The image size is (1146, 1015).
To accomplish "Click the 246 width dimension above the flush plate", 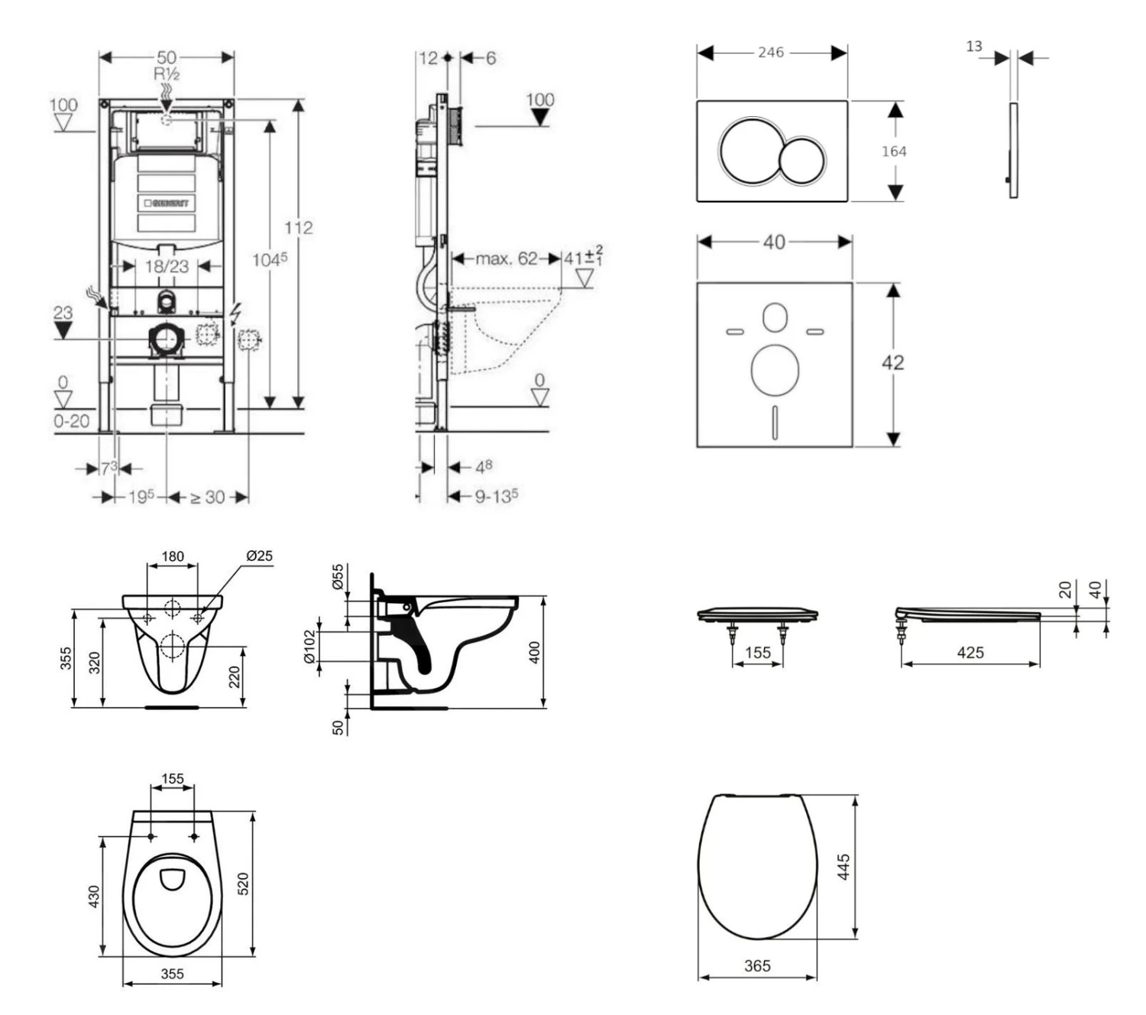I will coord(771,52).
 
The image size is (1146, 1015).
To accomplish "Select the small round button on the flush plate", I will coord(802,161).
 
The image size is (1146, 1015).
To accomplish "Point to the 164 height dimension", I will coord(894,151).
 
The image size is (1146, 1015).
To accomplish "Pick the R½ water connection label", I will coord(167,74).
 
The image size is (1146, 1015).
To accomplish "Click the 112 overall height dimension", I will coord(298,228).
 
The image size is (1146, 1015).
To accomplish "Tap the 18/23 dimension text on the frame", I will coord(167,266).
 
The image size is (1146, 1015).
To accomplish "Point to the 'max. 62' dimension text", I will coord(506,258).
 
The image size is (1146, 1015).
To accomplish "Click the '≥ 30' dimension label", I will coord(207,498).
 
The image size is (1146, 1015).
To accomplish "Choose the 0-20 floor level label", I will coord(71,421).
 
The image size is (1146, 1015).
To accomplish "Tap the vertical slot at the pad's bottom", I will coord(775,422).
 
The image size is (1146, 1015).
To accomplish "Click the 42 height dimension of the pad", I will coord(892,362).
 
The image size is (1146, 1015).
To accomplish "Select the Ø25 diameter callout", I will coord(259,556).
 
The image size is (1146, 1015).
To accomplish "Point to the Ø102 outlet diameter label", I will coord(309,647).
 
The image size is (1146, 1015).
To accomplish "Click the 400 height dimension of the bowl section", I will coord(535,652).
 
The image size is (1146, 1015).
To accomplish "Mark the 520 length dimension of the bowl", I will coord(244,884).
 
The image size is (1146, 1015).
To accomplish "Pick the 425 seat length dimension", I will coord(970,653).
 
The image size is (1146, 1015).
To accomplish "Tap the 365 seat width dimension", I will coord(757,966).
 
